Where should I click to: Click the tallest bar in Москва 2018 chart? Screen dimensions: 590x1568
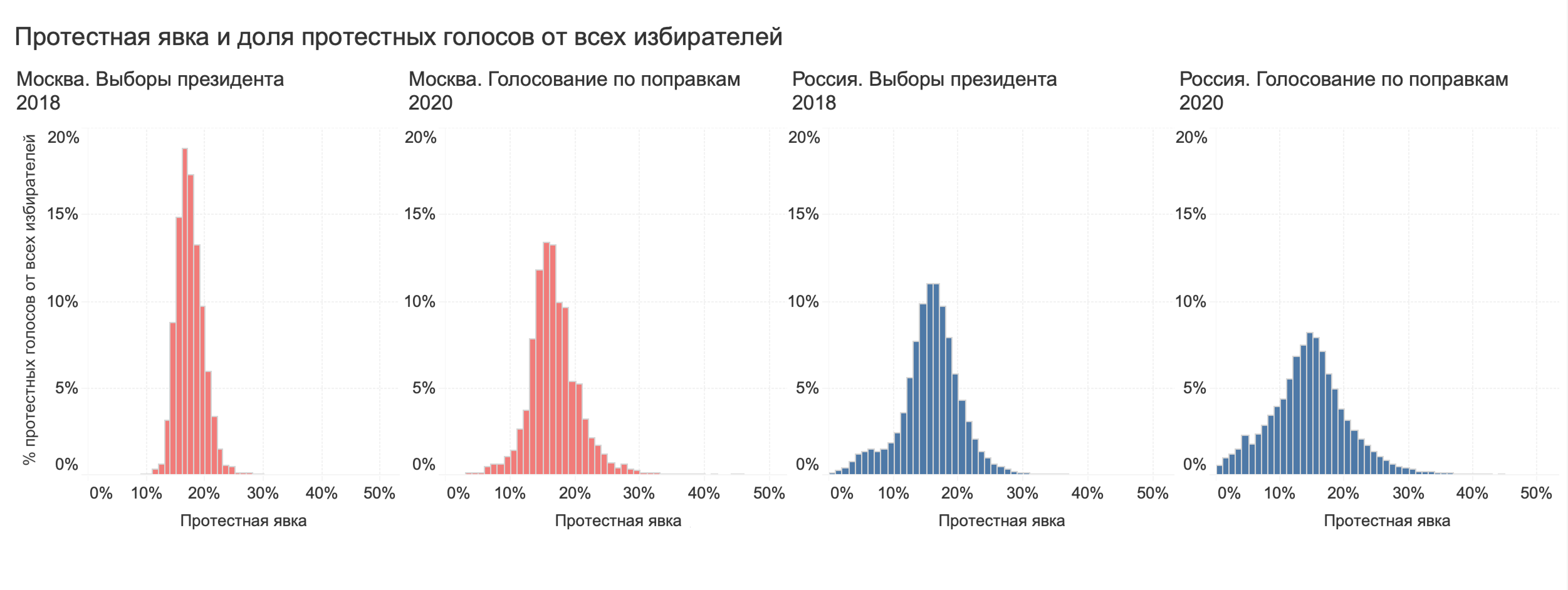pyautogui.click(x=185, y=310)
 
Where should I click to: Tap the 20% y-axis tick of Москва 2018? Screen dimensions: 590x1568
pyautogui.click(x=63, y=137)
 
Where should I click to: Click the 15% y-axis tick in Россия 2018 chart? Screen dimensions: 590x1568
pyautogui.click(x=803, y=214)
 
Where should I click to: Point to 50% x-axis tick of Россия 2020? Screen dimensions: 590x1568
pyautogui.click(x=1536, y=493)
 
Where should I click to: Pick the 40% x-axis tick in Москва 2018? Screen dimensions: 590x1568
pyautogui.click(x=321, y=493)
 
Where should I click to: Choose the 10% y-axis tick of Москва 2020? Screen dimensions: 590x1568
pyautogui.click(x=420, y=302)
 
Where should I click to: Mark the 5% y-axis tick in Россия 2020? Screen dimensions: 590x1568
pyautogui.click(x=1194, y=388)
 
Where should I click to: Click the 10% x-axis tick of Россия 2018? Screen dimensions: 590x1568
pyautogui.click(x=893, y=493)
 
